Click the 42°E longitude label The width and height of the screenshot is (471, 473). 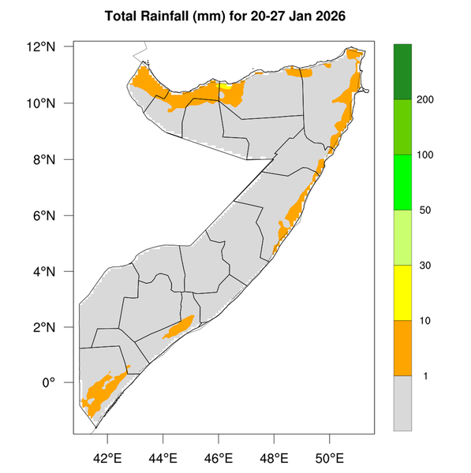click(x=107, y=457)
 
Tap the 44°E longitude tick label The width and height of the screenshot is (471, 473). click(x=163, y=457)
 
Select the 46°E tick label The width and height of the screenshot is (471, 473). click(x=219, y=457)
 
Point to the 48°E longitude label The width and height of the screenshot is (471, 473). click(x=274, y=457)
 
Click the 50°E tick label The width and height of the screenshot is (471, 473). click(x=329, y=457)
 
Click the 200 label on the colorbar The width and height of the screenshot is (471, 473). click(x=432, y=99)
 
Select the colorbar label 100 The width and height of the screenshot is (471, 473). click(x=432, y=155)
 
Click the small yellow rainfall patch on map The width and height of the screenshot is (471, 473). click(x=226, y=87)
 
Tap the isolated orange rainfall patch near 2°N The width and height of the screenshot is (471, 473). click(x=180, y=327)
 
